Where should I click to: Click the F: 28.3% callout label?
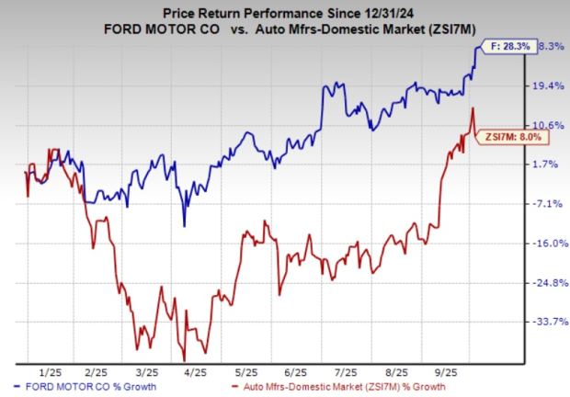pyautogui.click(x=505, y=47)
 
